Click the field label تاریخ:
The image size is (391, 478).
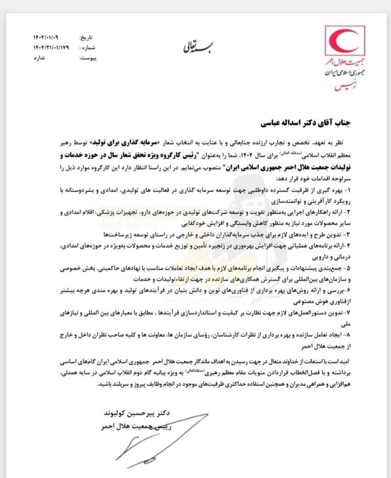point(84,37)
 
